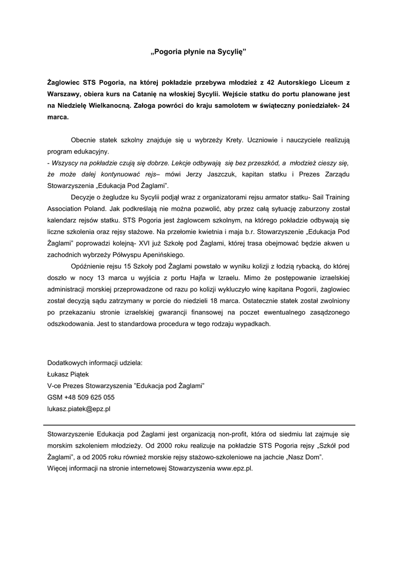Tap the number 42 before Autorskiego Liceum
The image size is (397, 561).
tap(270, 82)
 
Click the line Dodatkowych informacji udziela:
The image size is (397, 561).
tap(95, 363)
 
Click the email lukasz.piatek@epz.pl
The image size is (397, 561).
tap(79, 409)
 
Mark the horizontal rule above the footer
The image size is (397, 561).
tap(198, 425)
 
